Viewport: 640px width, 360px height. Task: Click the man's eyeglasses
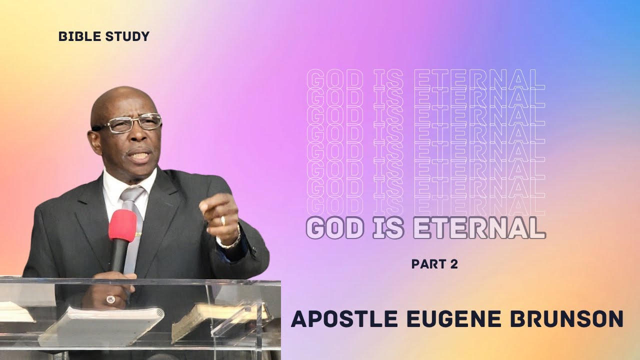coord(132,123)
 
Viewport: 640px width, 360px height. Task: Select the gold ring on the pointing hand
coord(223,220)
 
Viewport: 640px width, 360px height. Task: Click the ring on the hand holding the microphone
coord(110,299)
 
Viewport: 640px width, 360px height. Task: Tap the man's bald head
coord(120,100)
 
